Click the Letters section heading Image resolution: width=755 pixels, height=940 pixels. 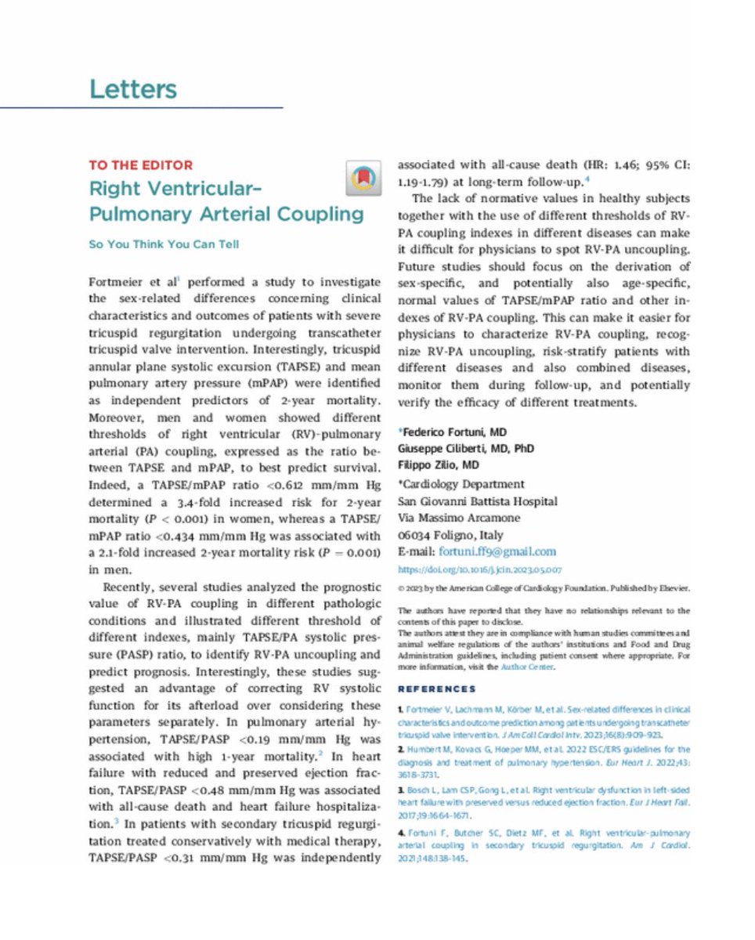point(133,89)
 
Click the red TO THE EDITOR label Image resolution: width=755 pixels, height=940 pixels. point(140,166)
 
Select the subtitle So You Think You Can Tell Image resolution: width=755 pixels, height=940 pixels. point(164,244)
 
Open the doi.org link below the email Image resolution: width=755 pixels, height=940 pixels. point(479,570)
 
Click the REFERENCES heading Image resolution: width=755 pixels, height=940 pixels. point(436,689)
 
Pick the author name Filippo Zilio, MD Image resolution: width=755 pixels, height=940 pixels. point(439,466)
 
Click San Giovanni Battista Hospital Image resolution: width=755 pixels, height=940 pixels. point(478,501)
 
